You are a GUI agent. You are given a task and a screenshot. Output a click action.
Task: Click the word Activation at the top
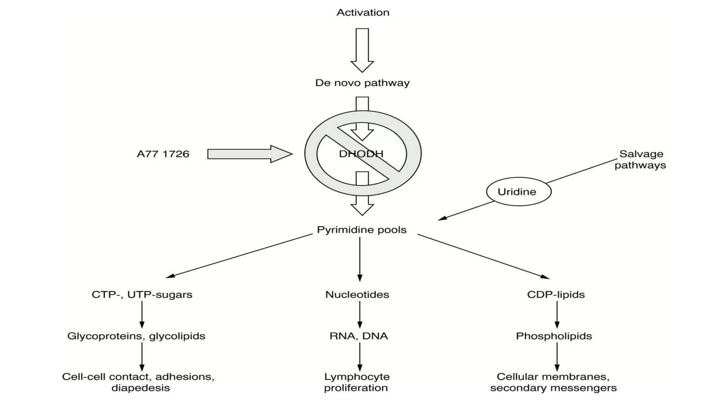363,13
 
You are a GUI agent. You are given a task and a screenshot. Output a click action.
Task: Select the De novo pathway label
362,83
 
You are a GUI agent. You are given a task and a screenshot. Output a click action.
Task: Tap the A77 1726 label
163,154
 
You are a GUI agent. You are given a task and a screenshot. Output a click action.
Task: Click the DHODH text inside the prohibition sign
361,154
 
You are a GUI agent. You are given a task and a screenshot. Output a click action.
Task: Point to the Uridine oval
519,192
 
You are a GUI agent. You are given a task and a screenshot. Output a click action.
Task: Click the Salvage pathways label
640,159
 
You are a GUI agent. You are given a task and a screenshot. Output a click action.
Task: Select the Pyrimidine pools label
362,230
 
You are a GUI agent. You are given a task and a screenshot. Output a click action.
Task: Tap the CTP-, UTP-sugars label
142,295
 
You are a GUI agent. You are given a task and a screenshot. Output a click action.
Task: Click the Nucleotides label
357,295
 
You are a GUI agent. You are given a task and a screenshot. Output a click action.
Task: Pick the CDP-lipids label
556,295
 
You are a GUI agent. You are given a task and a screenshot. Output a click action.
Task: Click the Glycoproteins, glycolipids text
136,336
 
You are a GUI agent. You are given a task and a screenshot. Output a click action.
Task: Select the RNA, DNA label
359,336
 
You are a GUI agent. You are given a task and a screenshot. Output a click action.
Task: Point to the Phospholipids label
554,336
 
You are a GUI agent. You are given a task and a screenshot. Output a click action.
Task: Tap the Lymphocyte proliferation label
356,382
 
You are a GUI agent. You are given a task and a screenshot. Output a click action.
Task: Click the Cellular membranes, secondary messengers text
553,382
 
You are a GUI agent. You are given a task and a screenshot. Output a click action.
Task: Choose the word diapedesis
141,388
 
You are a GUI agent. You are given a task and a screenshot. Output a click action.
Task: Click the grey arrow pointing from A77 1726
250,154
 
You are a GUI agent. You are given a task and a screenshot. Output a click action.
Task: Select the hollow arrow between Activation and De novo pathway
362,50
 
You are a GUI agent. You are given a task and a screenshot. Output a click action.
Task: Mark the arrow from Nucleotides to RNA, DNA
360,314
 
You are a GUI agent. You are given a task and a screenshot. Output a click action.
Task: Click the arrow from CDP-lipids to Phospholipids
557,314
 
